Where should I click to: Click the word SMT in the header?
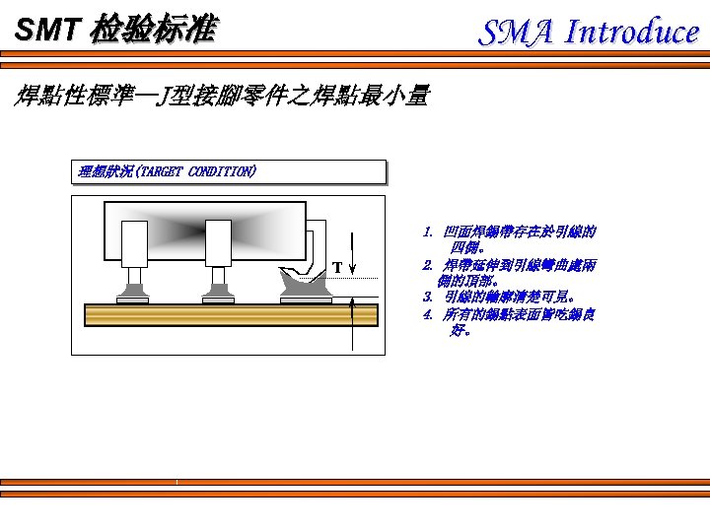pos(44,31)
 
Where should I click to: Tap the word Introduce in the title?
pos(631,33)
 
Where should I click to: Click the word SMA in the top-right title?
pos(517,33)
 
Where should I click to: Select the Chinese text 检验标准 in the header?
pos(151,31)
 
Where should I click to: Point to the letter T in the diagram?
pos(337,267)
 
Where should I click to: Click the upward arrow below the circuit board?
pos(352,335)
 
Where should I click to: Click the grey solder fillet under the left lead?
pos(133,293)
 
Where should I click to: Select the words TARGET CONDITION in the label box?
pos(198,171)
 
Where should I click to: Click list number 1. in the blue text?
pos(427,233)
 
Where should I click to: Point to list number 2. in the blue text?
pos(427,265)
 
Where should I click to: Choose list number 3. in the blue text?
pos(427,298)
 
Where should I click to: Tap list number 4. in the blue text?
pos(427,314)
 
